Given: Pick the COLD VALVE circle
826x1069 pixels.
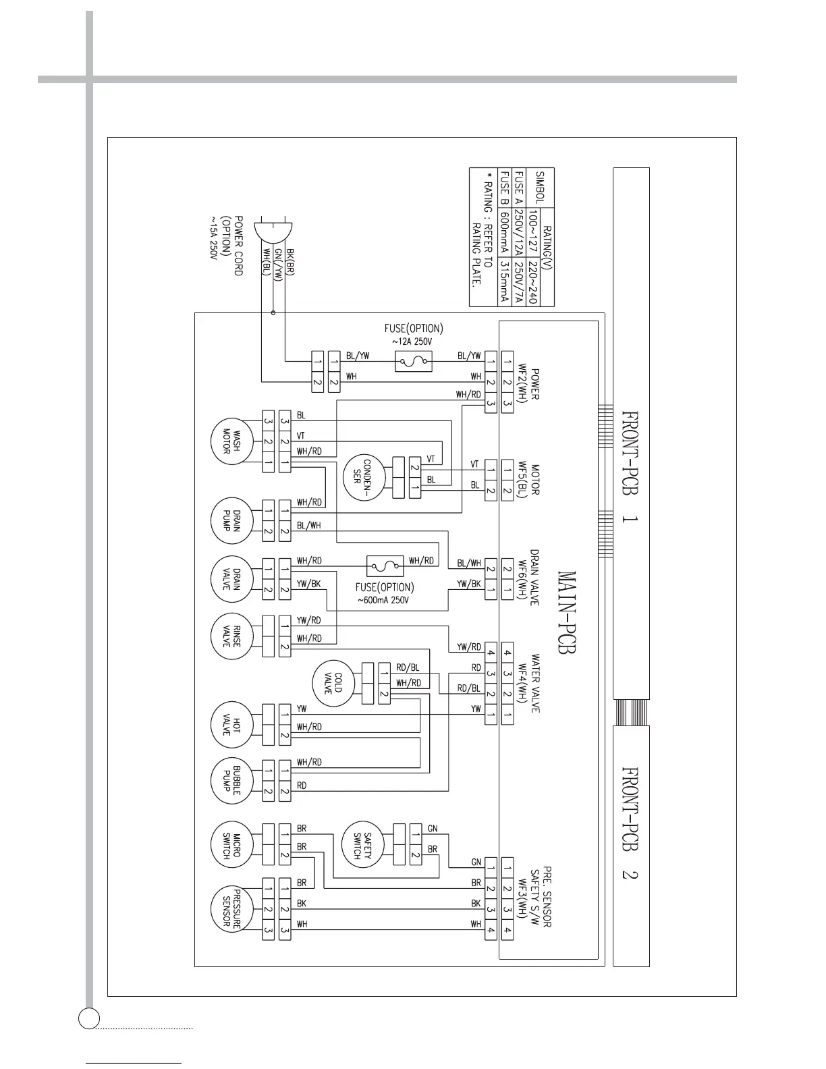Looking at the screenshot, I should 333,683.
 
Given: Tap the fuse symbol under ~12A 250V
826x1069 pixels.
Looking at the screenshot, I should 413,362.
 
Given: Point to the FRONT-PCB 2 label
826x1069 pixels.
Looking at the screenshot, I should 630,823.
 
